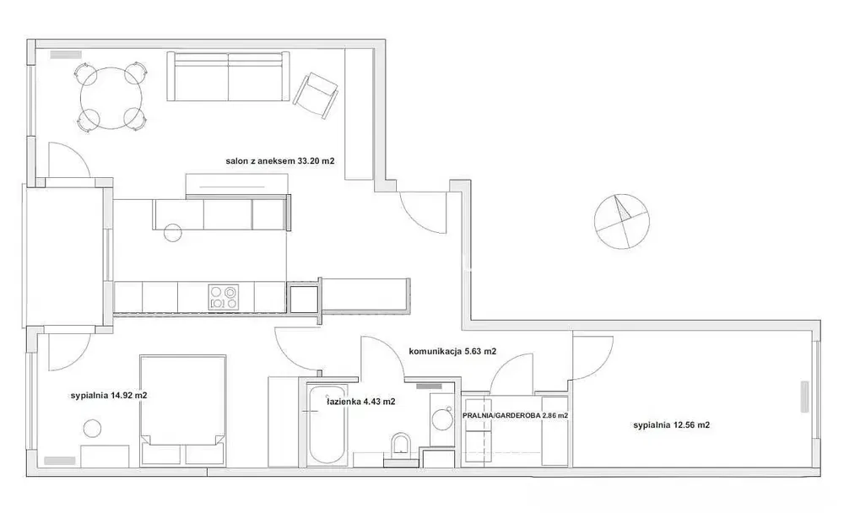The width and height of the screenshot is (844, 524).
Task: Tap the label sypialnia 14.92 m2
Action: pyautogui.click(x=110, y=394)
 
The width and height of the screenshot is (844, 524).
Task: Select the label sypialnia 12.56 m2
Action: pyautogui.click(x=671, y=425)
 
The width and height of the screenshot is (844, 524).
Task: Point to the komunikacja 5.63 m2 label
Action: pyautogui.click(x=452, y=352)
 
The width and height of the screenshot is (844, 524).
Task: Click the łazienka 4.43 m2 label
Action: pyautogui.click(x=361, y=402)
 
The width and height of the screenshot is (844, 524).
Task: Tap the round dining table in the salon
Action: pyautogui.click(x=111, y=97)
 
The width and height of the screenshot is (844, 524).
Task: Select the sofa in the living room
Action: pyautogui.click(x=228, y=77)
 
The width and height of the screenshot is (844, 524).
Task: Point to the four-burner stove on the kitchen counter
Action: pyautogui.click(x=223, y=296)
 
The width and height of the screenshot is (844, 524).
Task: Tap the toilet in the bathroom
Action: pyautogui.click(x=400, y=445)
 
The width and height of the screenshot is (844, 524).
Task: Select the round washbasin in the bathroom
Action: pyautogui.click(x=441, y=417)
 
